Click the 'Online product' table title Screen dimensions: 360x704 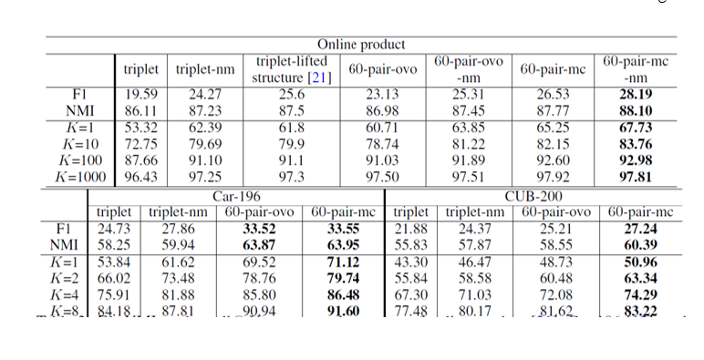tap(361, 45)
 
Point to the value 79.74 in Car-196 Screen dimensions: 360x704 tap(345, 278)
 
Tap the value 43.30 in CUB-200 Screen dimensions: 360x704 tap(409, 262)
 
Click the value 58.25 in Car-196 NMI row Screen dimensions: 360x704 tap(114, 245)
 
